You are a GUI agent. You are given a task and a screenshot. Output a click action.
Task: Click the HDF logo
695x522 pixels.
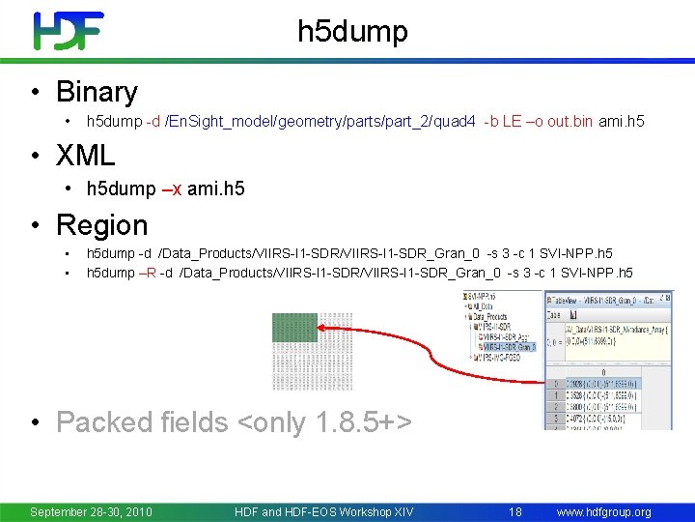pos(69,31)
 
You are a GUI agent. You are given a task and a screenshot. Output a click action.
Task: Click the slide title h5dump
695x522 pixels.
pos(352,32)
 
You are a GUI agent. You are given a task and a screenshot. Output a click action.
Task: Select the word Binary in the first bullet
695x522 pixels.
pos(97,92)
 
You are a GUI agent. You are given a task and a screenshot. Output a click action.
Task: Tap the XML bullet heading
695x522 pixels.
pos(85,155)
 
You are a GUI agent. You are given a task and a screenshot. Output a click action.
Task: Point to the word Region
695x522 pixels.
pos(101,225)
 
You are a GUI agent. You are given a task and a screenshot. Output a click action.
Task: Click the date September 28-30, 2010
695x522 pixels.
pos(92,511)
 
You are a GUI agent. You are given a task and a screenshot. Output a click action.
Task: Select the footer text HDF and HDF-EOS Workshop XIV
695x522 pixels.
pos(323,511)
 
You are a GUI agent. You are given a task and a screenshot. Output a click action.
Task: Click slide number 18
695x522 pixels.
pos(514,511)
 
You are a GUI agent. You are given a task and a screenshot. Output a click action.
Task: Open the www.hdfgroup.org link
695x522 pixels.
pos(604,511)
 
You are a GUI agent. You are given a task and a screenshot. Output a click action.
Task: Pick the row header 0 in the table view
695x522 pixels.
pos(556,383)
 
